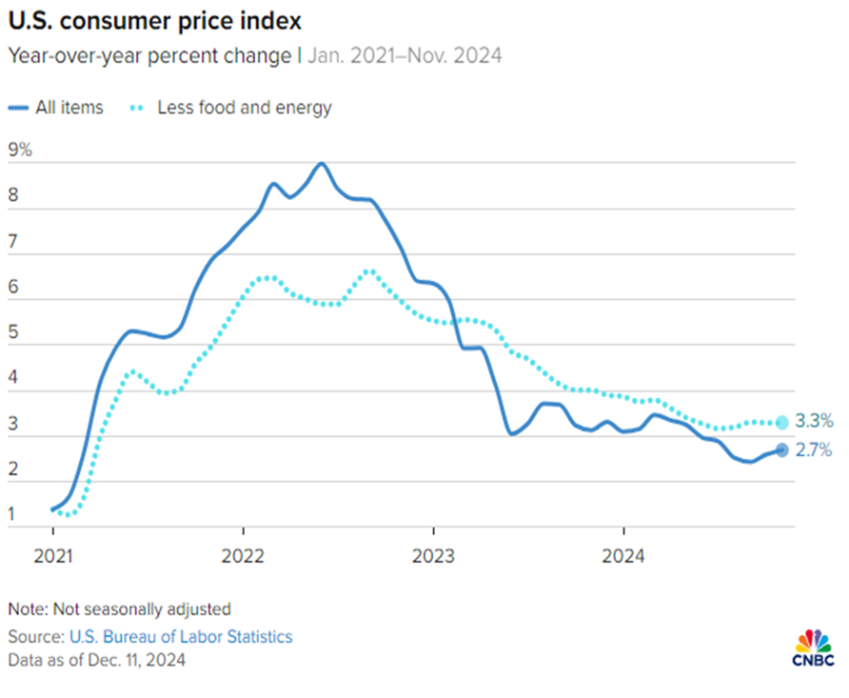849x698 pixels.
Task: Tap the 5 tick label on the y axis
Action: [x=12, y=334]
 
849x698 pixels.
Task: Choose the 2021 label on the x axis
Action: [x=52, y=555]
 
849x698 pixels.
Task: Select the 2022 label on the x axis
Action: [x=243, y=555]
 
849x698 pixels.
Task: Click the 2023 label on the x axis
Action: [x=433, y=555]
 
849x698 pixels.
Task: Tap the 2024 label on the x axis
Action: [x=623, y=555]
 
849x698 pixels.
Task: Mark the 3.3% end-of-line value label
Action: [x=815, y=422]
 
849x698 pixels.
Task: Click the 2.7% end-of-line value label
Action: [x=815, y=450]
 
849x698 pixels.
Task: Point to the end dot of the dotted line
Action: [x=782, y=422]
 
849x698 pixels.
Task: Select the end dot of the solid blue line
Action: [x=782, y=450]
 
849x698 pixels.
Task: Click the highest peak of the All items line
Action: [x=322, y=164]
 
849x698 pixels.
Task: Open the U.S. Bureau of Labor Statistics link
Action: [x=180, y=636]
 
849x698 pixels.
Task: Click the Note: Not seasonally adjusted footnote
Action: [x=119, y=608]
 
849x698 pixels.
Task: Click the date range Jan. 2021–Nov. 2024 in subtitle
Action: [x=404, y=55]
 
